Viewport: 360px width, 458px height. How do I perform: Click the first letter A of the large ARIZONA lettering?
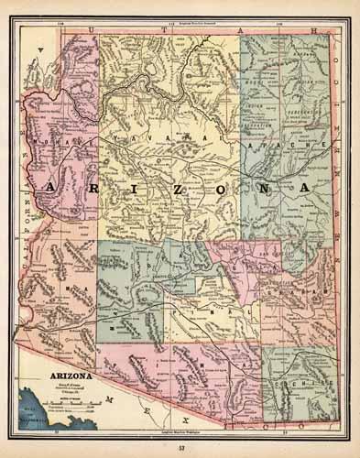pyautogui.click(x=47, y=187)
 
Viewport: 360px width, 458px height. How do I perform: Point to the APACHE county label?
pyautogui.click(x=284, y=146)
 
